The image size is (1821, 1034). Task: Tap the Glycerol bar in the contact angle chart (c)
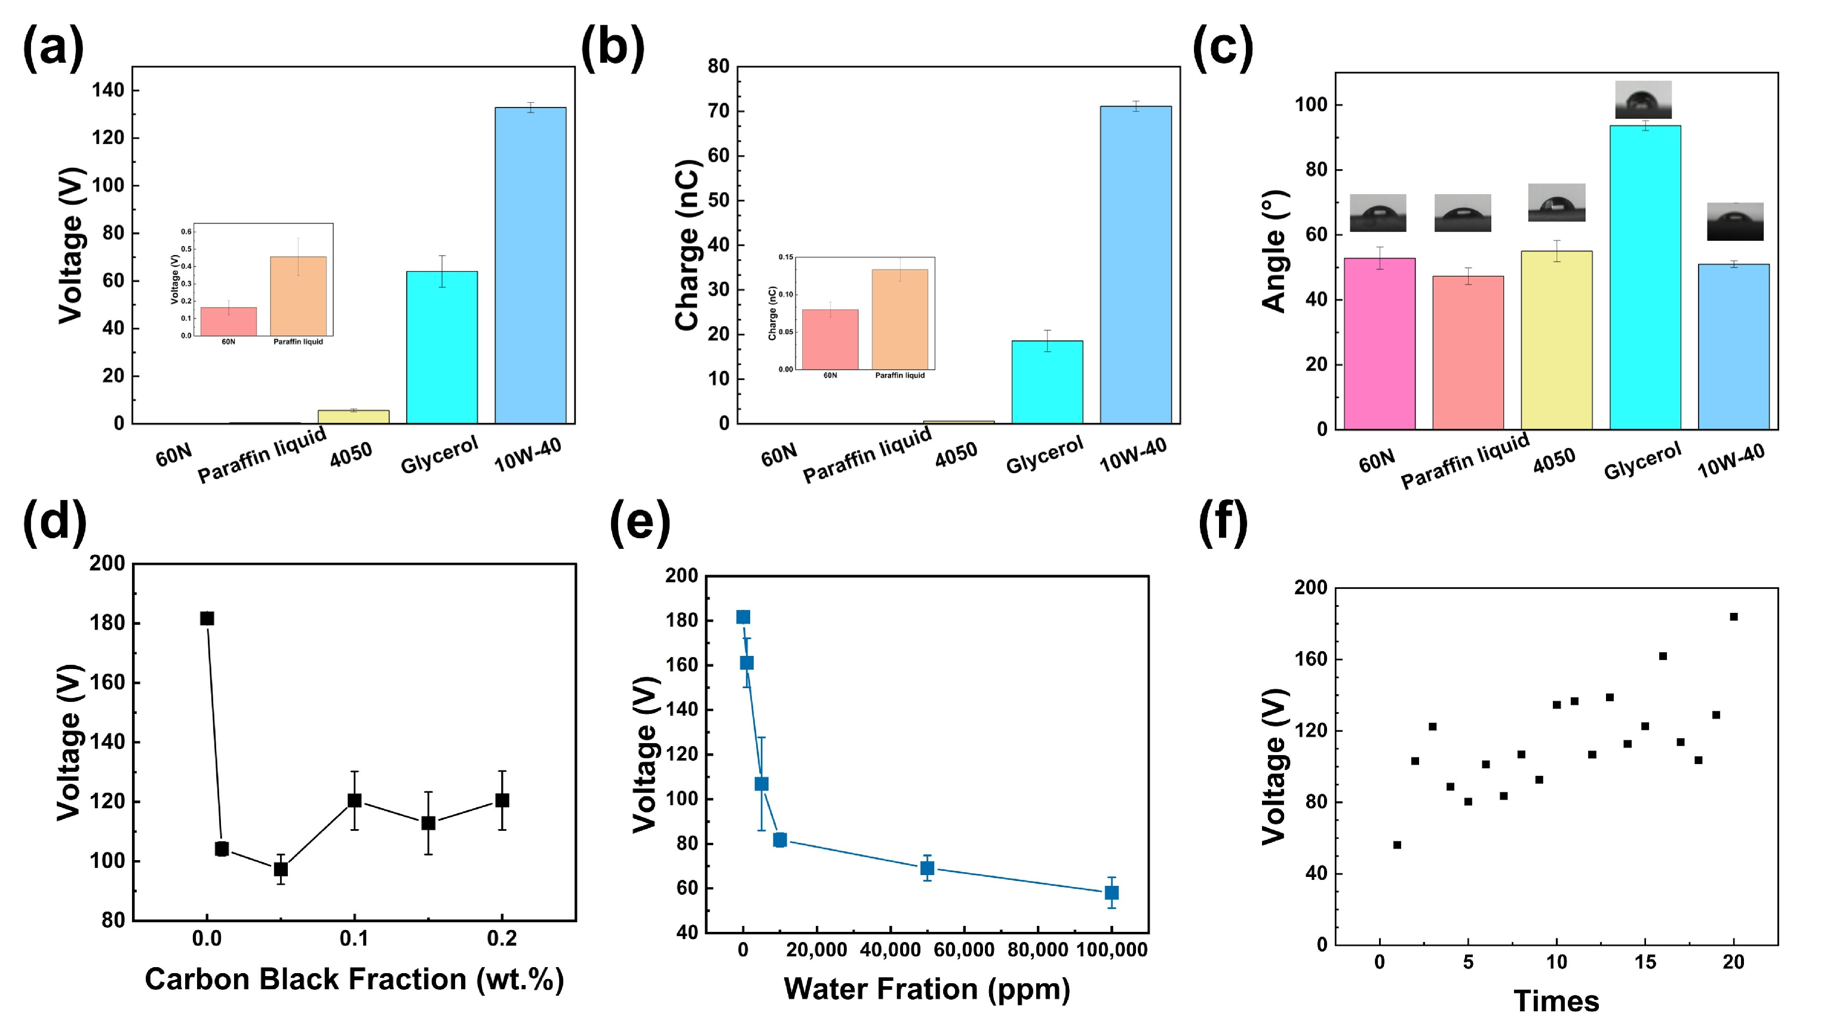click(x=1644, y=277)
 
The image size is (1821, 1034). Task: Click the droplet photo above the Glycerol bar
click(x=1643, y=99)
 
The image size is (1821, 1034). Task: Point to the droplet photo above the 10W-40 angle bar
click(x=1734, y=222)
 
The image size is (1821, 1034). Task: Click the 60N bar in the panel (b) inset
click(x=830, y=339)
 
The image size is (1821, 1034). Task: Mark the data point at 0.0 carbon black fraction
click(x=207, y=619)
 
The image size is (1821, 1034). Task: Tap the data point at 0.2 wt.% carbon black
click(x=502, y=800)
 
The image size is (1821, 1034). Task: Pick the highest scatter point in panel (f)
click(x=1734, y=616)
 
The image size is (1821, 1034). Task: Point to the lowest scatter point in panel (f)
click(x=1397, y=845)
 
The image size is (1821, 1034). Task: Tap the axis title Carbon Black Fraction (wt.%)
click(x=354, y=979)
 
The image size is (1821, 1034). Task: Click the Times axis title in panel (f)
click(x=1556, y=1001)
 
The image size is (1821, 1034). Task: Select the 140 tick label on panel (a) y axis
click(x=108, y=90)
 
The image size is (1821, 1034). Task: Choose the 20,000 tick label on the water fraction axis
click(x=816, y=950)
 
